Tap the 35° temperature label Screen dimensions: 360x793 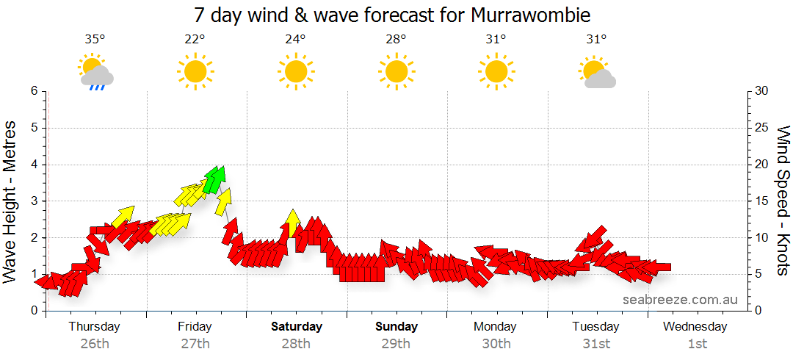93,40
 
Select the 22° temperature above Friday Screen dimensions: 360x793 195,40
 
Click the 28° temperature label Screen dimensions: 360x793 396,40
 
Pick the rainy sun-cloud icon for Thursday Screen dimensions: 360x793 95,73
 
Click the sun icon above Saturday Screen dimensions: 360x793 295,71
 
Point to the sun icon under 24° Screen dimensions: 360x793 295,71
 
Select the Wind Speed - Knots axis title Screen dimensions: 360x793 783,201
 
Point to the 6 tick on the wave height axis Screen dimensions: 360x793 33,91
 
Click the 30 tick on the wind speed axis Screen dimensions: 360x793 762,91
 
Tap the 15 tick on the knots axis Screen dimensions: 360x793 762,201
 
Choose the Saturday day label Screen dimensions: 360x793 296,327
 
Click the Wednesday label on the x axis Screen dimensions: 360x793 697,327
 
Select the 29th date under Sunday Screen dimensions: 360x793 396,344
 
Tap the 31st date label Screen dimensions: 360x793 596,344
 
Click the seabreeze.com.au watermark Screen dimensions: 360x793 680,300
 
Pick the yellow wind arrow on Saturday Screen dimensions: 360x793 292,223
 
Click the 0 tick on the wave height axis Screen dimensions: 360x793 33,311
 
